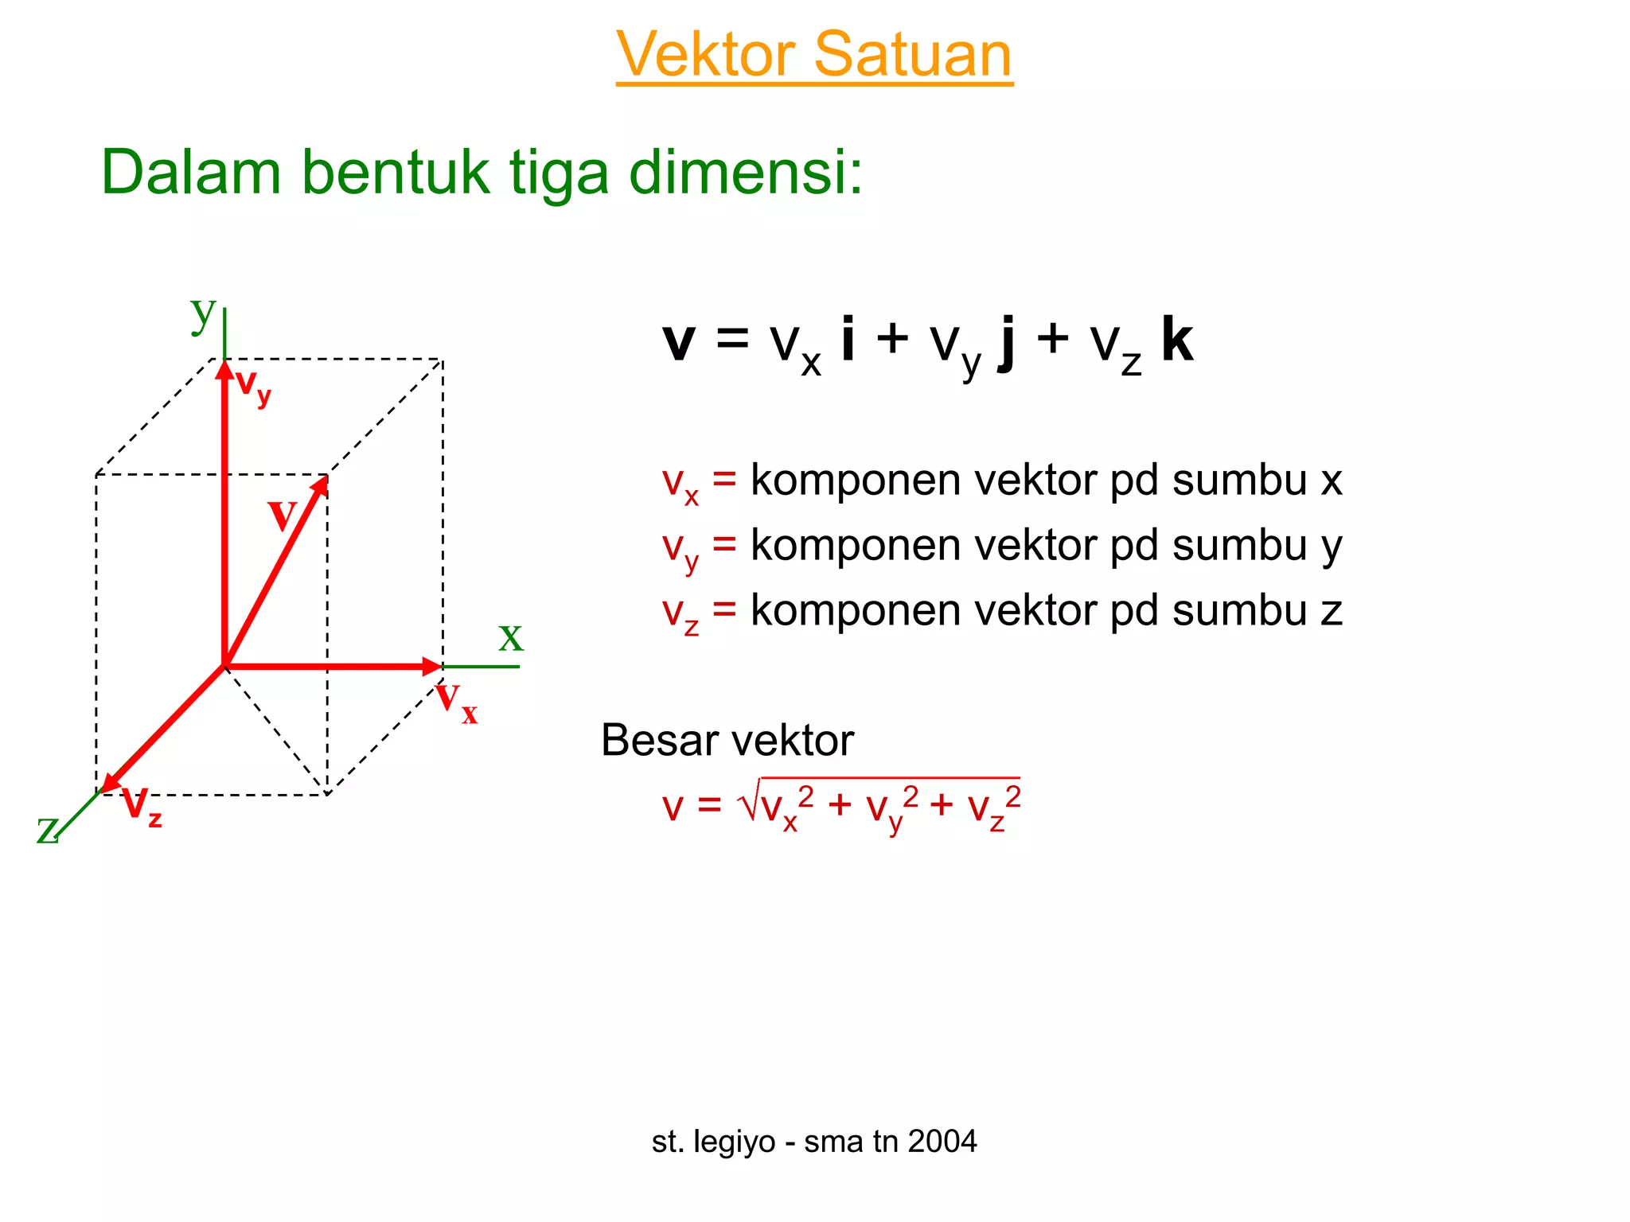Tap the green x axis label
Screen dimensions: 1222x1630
[510, 636]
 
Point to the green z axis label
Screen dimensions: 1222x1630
[47, 830]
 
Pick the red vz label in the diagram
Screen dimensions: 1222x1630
[142, 807]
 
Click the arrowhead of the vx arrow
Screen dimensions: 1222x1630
[432, 667]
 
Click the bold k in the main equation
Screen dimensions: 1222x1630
[1176, 340]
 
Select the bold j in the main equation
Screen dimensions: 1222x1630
[1007, 342]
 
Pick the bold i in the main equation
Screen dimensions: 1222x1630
[848, 340]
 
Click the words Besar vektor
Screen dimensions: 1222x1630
[727, 741]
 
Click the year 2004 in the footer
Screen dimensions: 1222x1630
[942, 1142]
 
